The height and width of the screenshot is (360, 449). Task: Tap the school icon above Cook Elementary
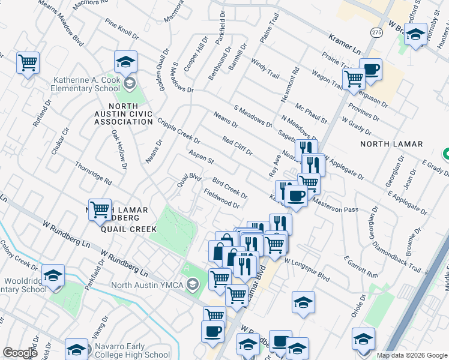(126, 62)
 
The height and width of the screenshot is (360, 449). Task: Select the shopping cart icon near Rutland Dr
(28, 62)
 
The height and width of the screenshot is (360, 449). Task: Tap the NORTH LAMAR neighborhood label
(391, 144)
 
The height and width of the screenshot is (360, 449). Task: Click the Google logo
(20, 352)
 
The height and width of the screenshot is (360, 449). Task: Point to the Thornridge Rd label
(93, 172)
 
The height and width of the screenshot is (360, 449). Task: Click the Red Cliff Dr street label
(237, 146)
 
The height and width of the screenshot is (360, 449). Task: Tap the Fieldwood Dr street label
(221, 199)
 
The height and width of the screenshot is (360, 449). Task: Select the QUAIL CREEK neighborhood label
(128, 229)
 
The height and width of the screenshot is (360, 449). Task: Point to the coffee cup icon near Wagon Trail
(371, 70)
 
